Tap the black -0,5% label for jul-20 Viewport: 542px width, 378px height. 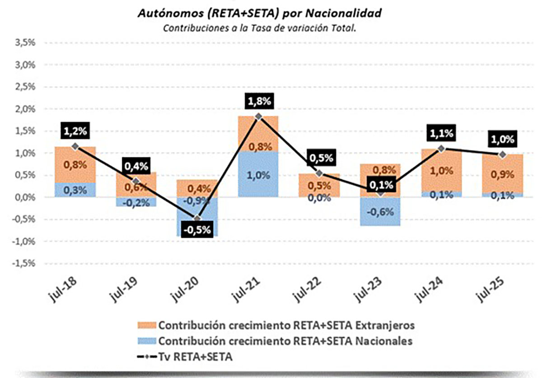[197, 229]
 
